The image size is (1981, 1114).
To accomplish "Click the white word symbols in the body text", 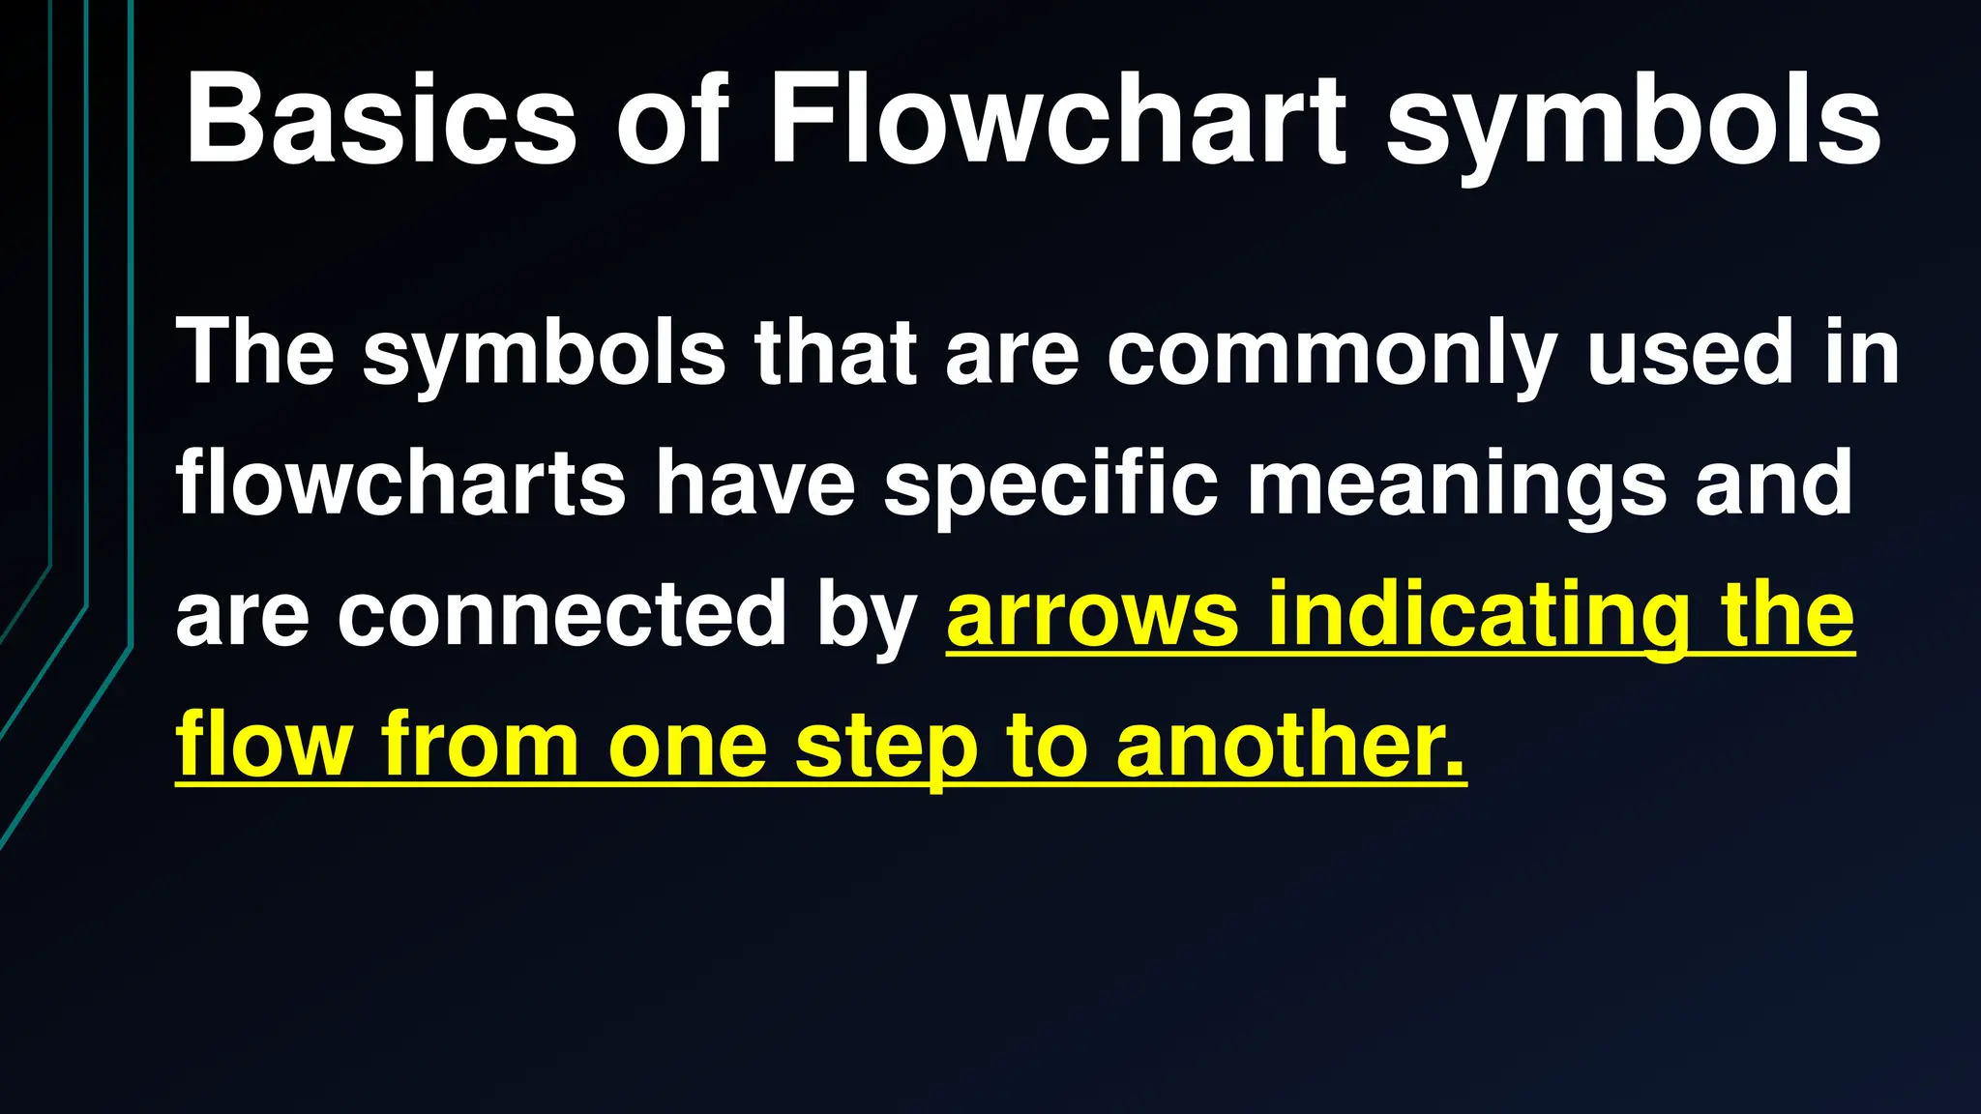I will coord(544,354).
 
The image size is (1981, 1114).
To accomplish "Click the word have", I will coord(755,483).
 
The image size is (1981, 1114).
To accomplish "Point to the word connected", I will coord(562,614).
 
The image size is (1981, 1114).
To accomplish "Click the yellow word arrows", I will coord(1092,616).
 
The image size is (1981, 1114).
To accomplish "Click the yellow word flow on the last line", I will coord(263,746).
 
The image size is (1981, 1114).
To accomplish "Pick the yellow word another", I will coord(1290,746).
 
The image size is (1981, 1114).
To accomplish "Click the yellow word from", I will coord(480,746).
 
